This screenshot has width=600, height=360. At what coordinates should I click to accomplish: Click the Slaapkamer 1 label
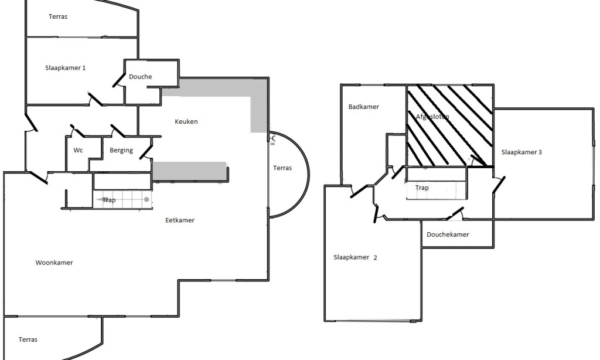point(66,68)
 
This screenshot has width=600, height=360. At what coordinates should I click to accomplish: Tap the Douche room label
point(141,77)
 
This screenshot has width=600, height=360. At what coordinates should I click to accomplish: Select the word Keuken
point(186,122)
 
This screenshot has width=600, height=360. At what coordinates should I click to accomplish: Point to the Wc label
point(78,151)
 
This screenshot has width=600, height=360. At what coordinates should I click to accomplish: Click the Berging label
point(121,151)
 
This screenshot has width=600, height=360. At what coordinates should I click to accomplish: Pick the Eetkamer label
point(180,220)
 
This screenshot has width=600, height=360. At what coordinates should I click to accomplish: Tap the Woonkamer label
point(54,263)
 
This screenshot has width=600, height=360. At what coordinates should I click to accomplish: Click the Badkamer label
point(363,107)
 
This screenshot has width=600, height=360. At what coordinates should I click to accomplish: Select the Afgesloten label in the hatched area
point(432,117)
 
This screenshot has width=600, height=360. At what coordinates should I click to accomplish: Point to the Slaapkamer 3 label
point(521,152)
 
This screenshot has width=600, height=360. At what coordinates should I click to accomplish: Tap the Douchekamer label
point(448,235)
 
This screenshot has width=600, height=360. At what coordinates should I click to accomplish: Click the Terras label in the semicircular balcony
point(282,168)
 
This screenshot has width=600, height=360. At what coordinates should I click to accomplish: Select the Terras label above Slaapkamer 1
point(58,16)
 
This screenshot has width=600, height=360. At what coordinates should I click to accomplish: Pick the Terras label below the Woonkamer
point(28,339)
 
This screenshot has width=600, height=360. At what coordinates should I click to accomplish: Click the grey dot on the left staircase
point(146,200)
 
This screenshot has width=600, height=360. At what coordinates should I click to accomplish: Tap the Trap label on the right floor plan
point(422,188)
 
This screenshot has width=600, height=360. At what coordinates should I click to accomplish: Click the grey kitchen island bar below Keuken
point(189,170)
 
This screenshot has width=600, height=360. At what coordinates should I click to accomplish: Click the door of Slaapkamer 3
point(500,185)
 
